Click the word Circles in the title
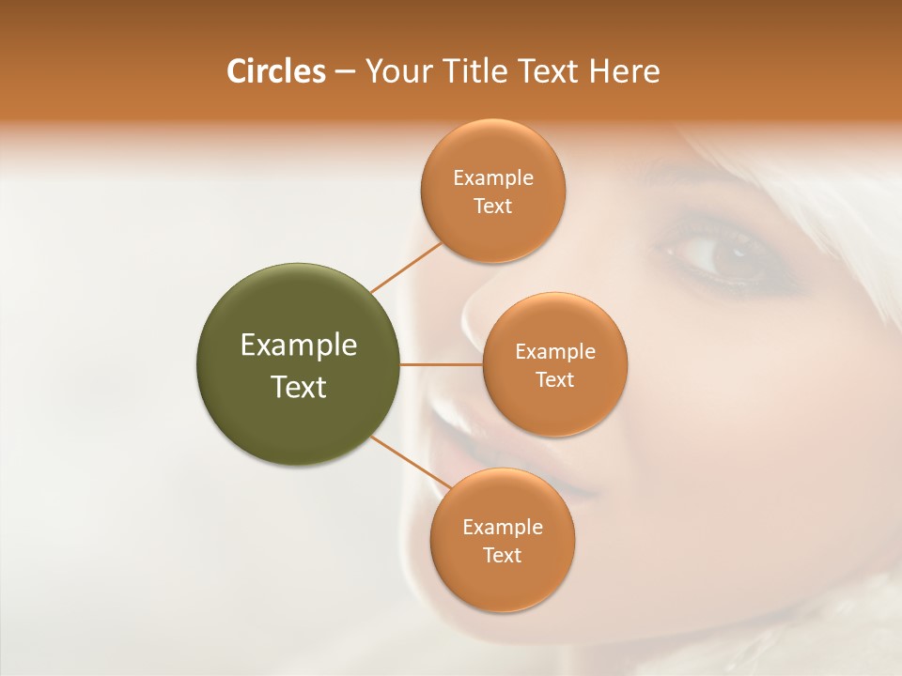[276, 71]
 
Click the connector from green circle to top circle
[406, 267]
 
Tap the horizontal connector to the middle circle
[441, 364]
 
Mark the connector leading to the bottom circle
[410, 462]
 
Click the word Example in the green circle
[299, 346]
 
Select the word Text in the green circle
[299, 387]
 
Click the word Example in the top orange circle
[493, 178]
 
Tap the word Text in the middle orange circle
[554, 380]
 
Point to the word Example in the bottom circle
[503, 528]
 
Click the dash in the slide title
[345, 72]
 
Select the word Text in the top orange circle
[493, 207]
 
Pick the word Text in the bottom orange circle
[503, 556]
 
